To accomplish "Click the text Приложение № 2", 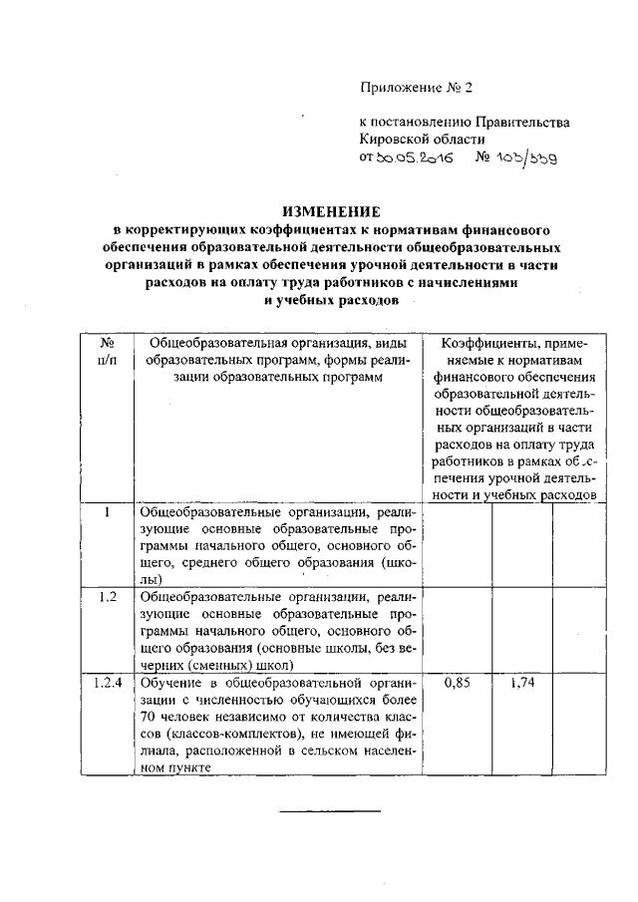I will click(415, 89).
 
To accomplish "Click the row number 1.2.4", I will click(108, 684).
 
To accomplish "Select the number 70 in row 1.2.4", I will click(148, 718).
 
